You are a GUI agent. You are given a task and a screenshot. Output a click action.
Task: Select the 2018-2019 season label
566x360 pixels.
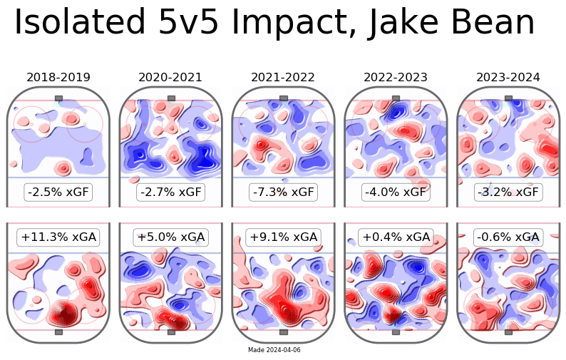tap(58, 77)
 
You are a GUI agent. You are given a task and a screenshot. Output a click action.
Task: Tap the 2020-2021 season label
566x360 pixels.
tap(170, 77)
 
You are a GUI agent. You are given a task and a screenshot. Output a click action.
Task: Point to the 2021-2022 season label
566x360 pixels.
tap(283, 77)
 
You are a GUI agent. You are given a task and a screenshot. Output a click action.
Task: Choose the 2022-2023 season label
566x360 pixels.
tap(396, 77)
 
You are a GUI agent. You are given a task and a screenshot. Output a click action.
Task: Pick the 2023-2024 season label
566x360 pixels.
tap(508, 77)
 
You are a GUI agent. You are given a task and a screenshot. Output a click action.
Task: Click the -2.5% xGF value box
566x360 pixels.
tap(58, 192)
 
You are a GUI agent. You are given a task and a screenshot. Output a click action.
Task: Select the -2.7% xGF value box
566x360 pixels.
tap(170, 192)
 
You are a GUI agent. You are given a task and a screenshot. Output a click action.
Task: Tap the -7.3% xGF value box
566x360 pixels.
tap(283, 192)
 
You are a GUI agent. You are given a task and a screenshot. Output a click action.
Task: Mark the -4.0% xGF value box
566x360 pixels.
tap(396, 192)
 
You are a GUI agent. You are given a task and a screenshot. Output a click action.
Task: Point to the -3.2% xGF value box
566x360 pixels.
tap(508, 192)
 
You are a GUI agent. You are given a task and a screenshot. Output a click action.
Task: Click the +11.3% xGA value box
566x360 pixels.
tap(58, 237)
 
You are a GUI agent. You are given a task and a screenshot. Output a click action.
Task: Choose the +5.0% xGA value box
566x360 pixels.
tap(170, 237)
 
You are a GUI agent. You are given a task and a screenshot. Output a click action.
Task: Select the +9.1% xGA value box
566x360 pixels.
tap(283, 237)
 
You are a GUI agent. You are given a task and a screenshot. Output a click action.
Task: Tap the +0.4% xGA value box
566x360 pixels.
tap(396, 237)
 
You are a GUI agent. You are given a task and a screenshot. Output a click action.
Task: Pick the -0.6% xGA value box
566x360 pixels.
tap(508, 237)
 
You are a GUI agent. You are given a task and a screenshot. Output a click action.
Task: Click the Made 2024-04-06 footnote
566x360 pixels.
tap(274, 350)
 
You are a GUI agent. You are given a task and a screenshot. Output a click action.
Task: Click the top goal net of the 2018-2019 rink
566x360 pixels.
tap(58, 98)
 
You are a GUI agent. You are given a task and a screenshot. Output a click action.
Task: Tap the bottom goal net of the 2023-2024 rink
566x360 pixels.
tap(508, 332)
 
